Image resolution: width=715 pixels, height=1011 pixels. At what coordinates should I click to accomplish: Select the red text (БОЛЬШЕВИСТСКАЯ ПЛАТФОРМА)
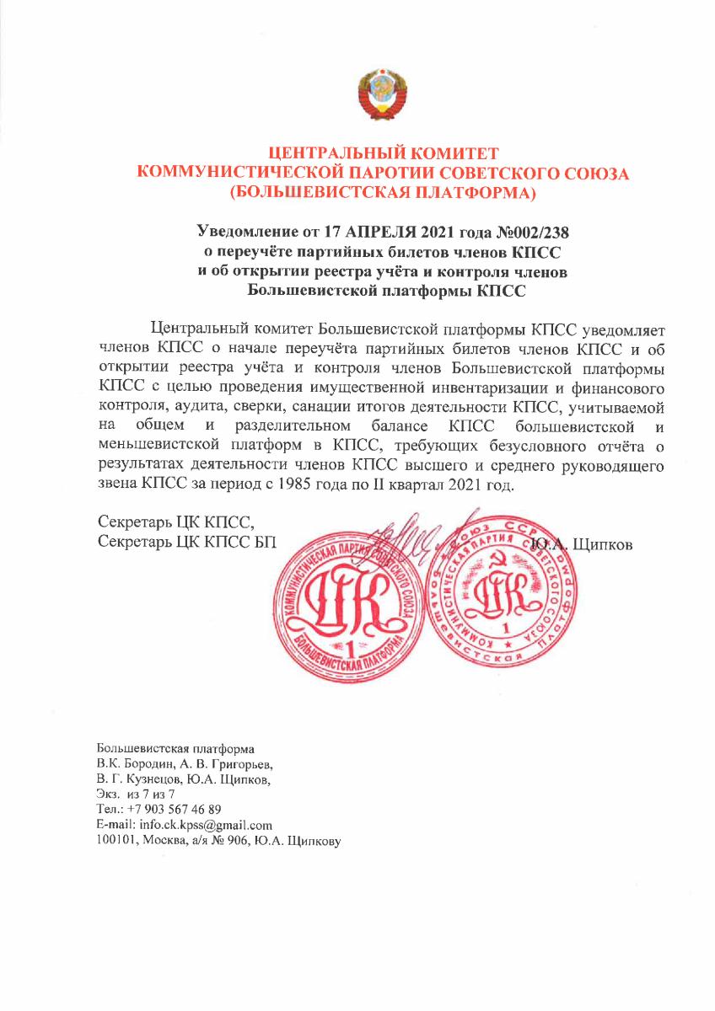tap(384, 193)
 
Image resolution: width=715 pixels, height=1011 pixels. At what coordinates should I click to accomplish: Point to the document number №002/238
tap(534, 230)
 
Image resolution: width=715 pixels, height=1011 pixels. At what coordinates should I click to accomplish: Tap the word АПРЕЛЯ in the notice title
tap(398, 230)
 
